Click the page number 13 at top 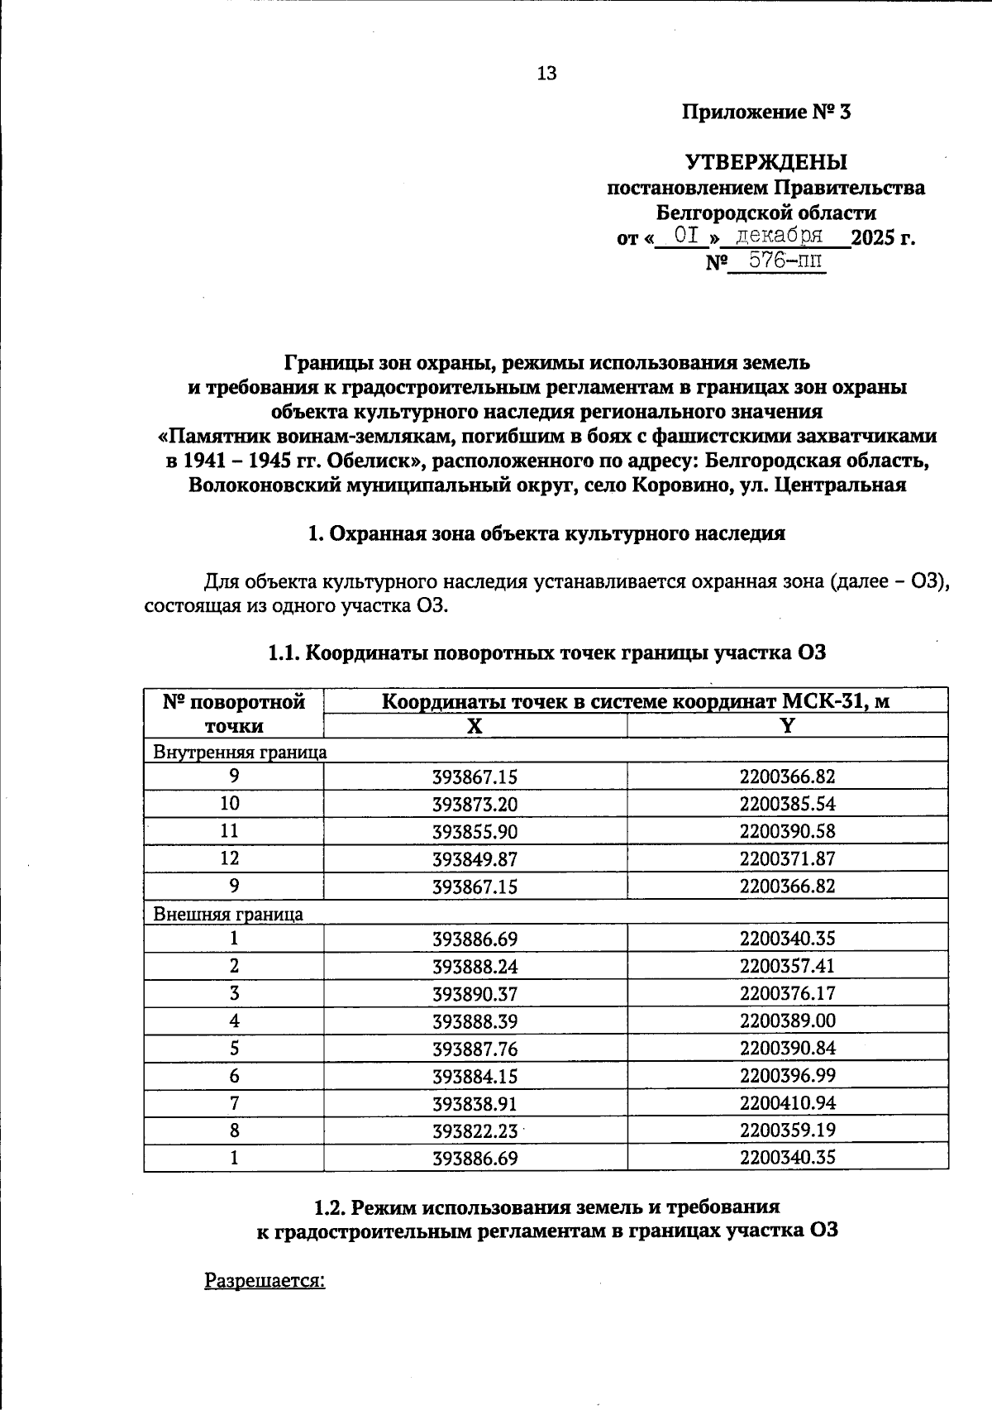(546, 74)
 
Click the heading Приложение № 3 (765, 112)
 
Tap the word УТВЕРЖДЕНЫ (765, 162)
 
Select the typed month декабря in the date (780, 236)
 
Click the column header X (475, 726)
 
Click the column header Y (787, 726)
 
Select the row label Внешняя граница (228, 914)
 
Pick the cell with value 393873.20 (475, 804)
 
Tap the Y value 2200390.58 (787, 831)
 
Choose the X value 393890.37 (475, 993)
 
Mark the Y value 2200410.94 (787, 1102)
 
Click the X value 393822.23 (475, 1130)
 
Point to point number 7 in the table (234, 1102)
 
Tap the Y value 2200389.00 (787, 1020)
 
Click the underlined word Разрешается (265, 1279)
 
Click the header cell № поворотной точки (234, 714)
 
